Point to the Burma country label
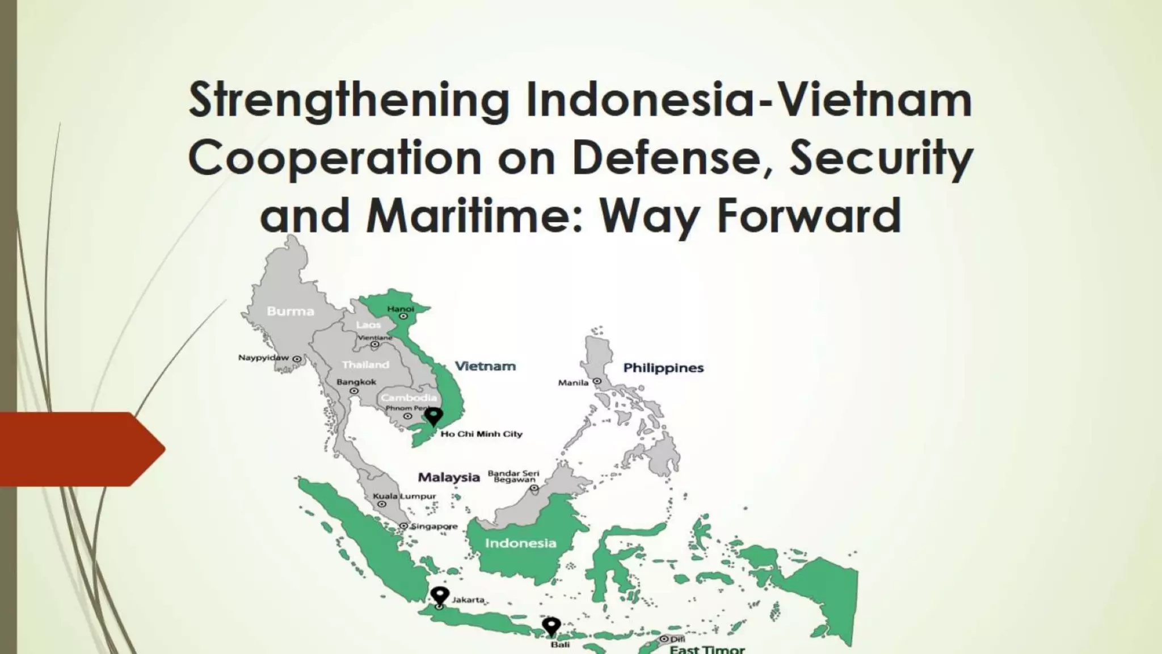[x=290, y=311]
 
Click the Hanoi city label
[x=401, y=309]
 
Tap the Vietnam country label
[x=485, y=366]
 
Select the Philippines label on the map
[x=663, y=368]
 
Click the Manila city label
[x=573, y=383]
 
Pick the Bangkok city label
[x=356, y=382]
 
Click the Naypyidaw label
[x=263, y=358]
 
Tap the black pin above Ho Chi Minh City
[x=434, y=416]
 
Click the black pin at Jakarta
[x=440, y=596]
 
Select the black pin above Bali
[x=551, y=626]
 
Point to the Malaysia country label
[x=449, y=477]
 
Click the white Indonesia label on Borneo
[x=520, y=543]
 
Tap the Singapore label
[x=433, y=526]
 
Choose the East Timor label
[x=707, y=649]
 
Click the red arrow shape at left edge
[x=79, y=449]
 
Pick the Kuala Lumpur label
[x=404, y=496]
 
